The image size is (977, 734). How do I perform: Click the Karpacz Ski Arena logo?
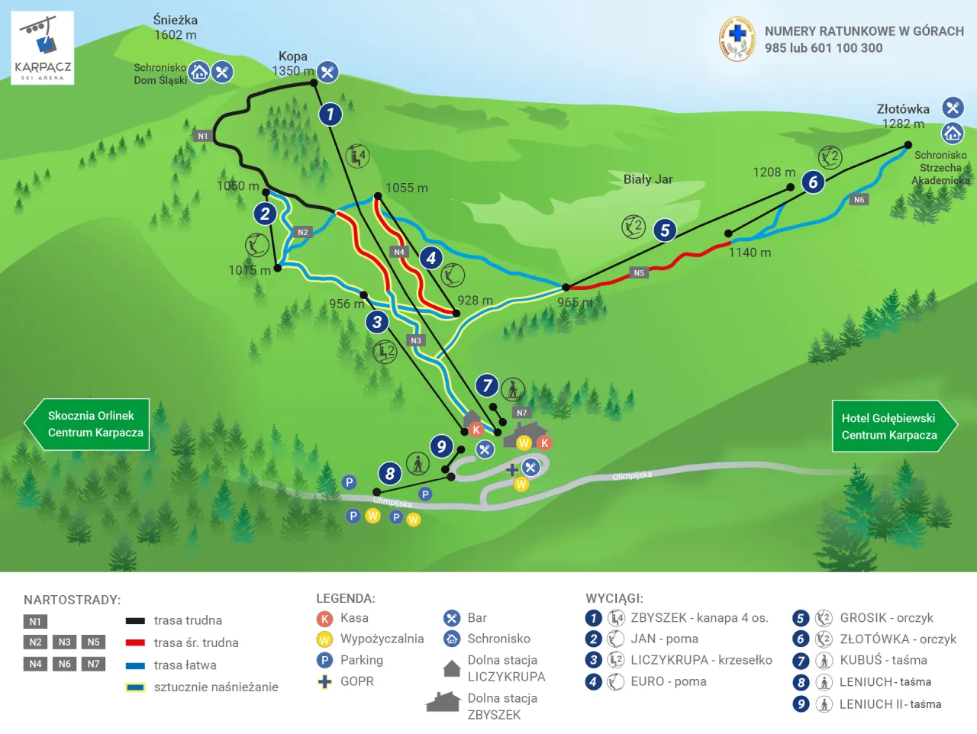(43, 48)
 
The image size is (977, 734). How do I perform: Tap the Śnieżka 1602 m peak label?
(175, 27)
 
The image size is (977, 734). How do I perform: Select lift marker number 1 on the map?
(330, 114)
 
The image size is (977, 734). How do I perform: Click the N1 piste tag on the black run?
(202, 136)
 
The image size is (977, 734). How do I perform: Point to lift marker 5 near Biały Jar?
(665, 230)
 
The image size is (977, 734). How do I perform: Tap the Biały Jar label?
(647, 179)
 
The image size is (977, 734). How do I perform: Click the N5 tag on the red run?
(639, 272)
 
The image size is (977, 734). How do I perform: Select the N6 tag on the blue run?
(859, 200)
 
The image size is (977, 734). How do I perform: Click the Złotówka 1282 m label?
(902, 116)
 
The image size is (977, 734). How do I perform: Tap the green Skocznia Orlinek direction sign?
(88, 424)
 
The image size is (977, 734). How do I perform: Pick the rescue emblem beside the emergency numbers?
(737, 39)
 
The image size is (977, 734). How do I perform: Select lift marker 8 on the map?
(390, 474)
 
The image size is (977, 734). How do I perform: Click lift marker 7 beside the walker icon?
(487, 385)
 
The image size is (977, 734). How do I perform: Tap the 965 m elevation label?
(574, 302)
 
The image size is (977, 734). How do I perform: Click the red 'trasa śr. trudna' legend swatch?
(135, 643)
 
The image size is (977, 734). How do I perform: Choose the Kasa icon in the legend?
(324, 619)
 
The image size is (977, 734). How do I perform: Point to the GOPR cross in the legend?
(324, 681)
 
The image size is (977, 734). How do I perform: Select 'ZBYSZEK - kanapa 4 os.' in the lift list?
(698, 618)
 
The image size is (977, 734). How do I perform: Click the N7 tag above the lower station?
(522, 413)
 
